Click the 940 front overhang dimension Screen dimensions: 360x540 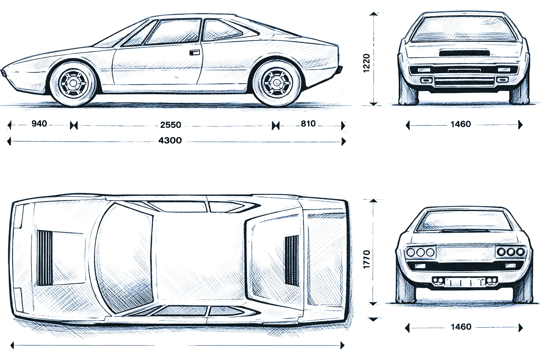pyautogui.click(x=39, y=123)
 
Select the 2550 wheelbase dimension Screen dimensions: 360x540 pyautogui.click(x=171, y=125)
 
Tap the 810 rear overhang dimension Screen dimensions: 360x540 pyautogui.click(x=308, y=123)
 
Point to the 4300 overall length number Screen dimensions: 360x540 pyautogui.click(x=170, y=141)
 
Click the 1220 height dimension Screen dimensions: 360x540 pyautogui.click(x=366, y=63)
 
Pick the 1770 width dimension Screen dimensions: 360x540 pyautogui.click(x=366, y=259)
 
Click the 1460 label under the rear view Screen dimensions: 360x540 pyautogui.click(x=461, y=124)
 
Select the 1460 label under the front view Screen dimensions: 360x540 pyautogui.click(x=461, y=327)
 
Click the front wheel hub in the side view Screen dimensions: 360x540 pyautogui.click(x=73, y=83)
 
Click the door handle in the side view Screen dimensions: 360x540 pyautogui.click(x=194, y=53)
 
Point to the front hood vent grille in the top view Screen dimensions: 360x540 pyautogui.click(x=45, y=258)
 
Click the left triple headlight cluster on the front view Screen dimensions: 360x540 pyautogui.click(x=420, y=252)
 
